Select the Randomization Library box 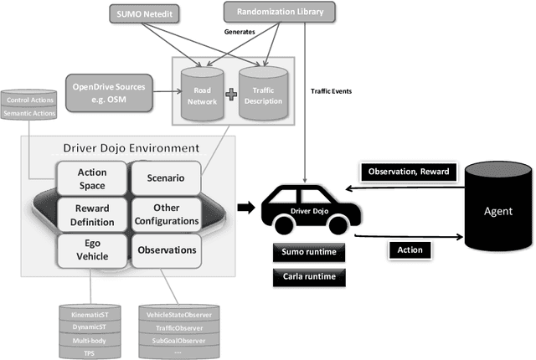[278, 12]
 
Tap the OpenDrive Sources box [109, 89]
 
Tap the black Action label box [410, 249]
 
